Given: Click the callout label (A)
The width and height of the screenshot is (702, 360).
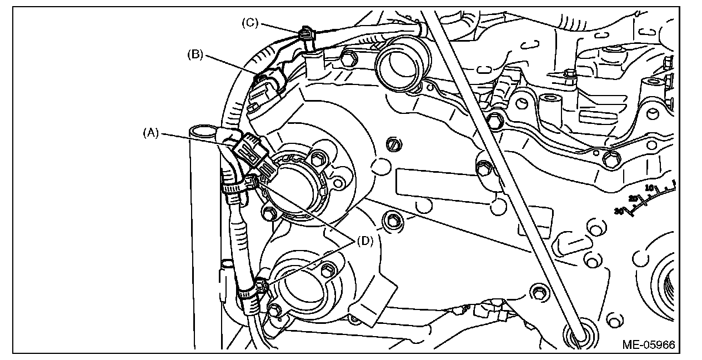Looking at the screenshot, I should pos(151,133).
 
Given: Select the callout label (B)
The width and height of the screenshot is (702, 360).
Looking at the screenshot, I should pos(195,54).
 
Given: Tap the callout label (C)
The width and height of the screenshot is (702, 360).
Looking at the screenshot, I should pos(250,23).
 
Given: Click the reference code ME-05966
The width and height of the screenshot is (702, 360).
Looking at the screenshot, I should pos(648,345).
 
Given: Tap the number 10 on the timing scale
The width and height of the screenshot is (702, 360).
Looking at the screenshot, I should pos(650,188).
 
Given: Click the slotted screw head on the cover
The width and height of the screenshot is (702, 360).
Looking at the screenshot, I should pos(393,144).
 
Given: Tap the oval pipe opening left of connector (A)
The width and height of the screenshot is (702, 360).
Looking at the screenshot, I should pos(203,131).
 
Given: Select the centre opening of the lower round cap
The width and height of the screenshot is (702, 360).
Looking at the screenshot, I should pos(300,288).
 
